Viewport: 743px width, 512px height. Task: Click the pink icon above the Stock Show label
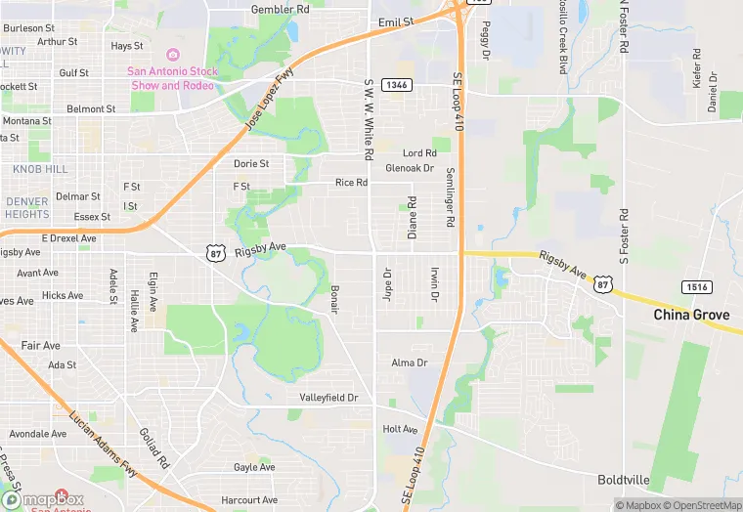click(174, 55)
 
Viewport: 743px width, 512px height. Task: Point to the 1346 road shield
click(396, 85)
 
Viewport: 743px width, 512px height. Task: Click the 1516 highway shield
click(696, 286)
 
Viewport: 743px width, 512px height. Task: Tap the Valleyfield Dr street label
click(328, 399)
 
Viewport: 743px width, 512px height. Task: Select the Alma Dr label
click(410, 363)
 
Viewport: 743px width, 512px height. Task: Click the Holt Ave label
click(400, 429)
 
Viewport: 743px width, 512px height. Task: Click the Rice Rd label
click(351, 183)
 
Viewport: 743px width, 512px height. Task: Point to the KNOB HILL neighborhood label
click(40, 169)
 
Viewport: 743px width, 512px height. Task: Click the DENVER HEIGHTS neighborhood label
click(26, 207)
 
